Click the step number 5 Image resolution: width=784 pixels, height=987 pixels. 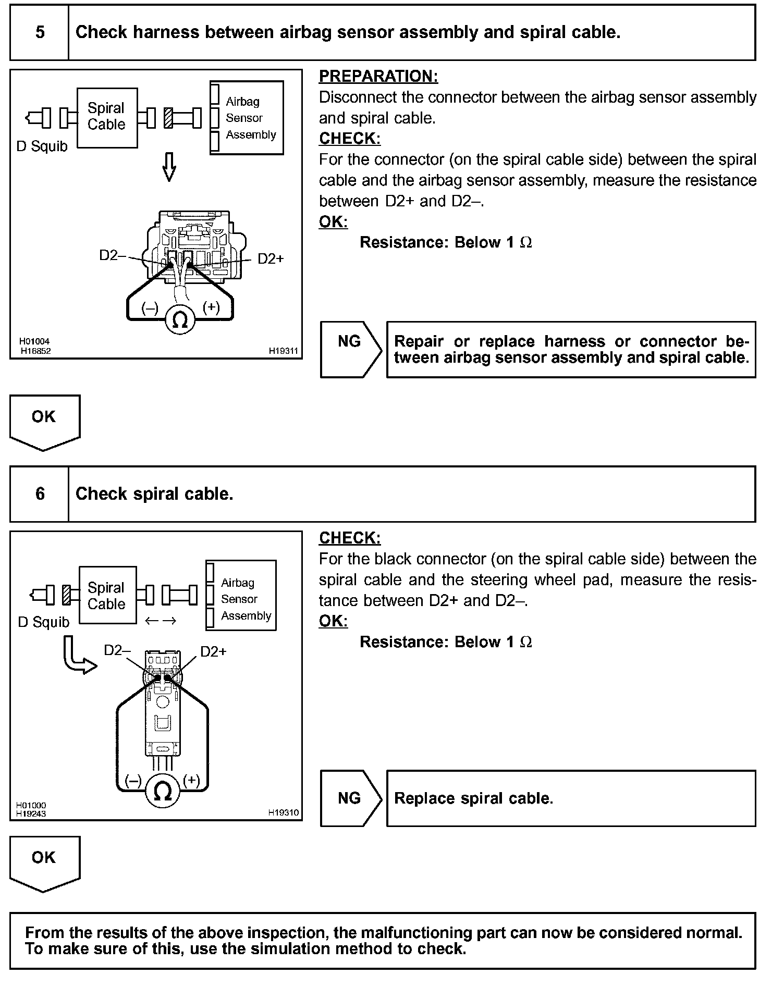tap(40, 32)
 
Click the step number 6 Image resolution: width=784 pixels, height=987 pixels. tap(40, 493)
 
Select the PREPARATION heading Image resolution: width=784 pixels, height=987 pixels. tap(378, 76)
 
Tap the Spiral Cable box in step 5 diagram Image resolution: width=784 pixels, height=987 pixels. tap(107, 117)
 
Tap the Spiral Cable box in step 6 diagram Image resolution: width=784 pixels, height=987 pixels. tap(107, 595)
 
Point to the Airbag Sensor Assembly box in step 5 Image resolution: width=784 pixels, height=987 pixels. tap(247, 118)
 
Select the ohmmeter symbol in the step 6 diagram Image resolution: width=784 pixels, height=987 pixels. tap(163, 792)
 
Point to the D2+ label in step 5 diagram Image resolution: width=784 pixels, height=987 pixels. tap(271, 259)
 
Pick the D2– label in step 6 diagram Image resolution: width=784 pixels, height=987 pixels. tap(117, 650)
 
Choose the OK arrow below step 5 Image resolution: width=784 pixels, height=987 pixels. tap(44, 421)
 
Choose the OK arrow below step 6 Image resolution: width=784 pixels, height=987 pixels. tap(44, 861)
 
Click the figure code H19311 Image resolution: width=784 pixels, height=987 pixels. tap(283, 351)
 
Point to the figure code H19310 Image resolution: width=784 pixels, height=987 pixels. tap(283, 812)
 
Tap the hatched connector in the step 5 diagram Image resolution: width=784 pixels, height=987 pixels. tap(168, 118)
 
